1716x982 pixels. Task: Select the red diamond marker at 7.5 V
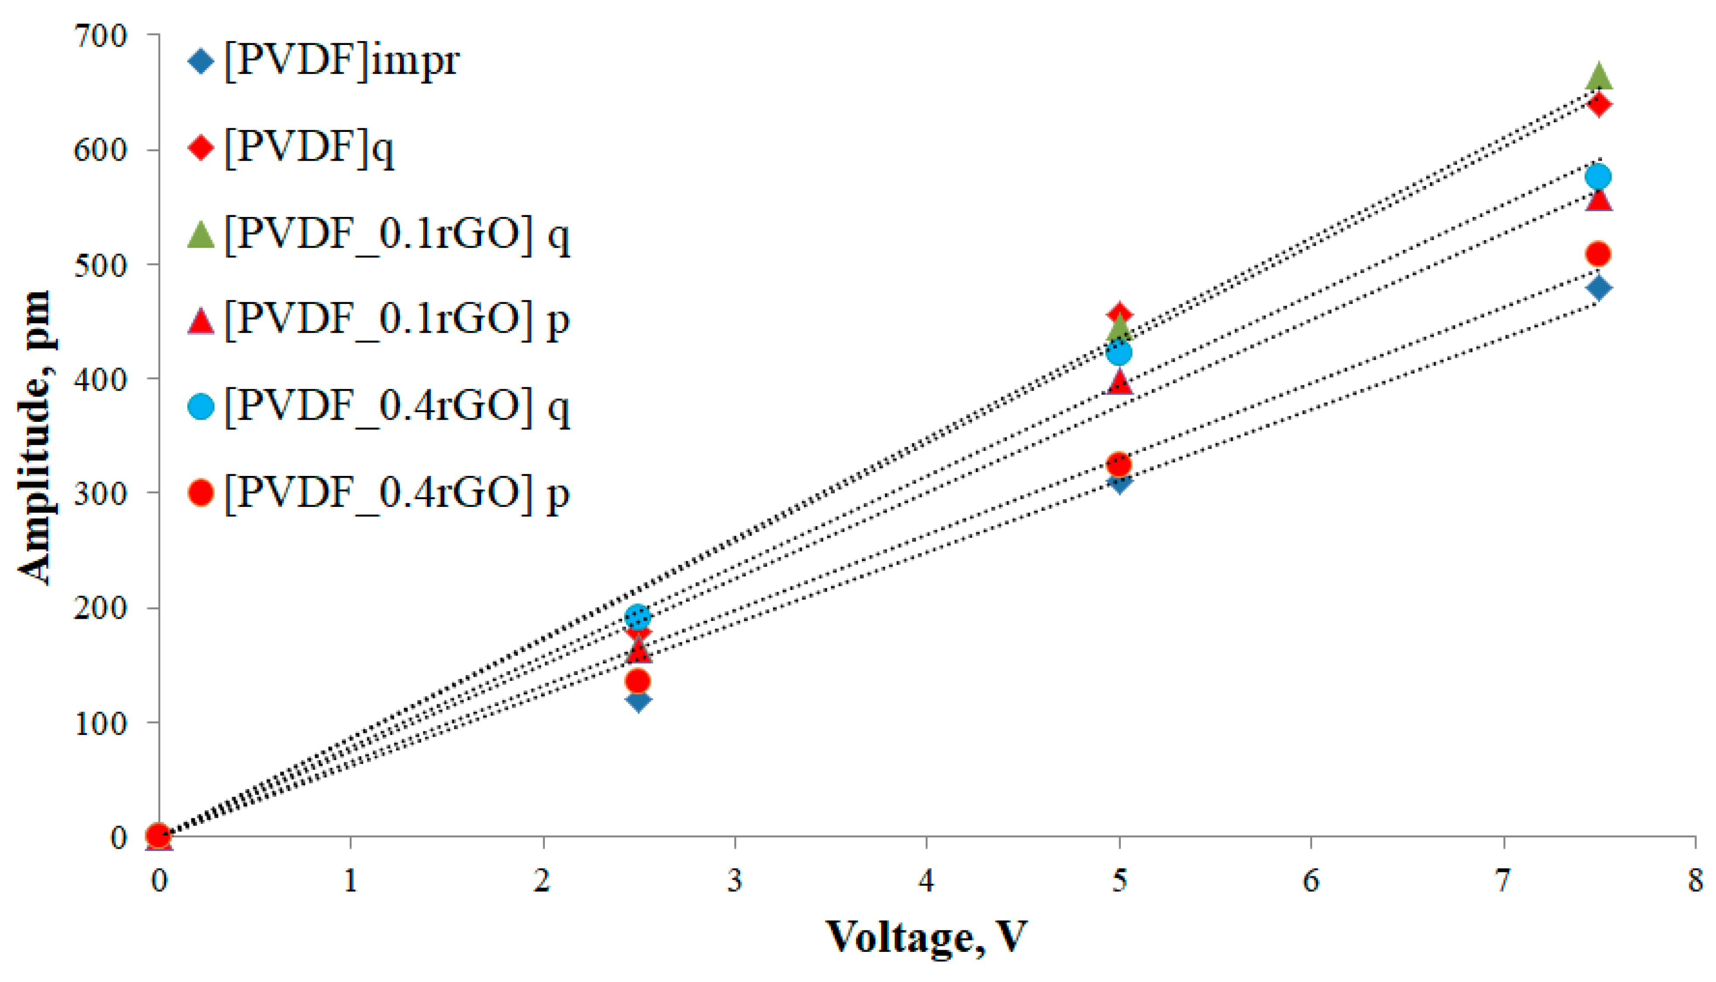[x=1599, y=104]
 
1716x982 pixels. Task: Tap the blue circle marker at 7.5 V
[x=1599, y=177]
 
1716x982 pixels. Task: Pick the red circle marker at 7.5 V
[x=1599, y=254]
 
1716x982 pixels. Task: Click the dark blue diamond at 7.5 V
[x=1599, y=289]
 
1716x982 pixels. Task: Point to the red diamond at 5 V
[x=1119, y=313]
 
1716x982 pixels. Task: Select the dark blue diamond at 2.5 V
[x=638, y=700]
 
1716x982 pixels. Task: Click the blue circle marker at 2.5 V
[x=638, y=615]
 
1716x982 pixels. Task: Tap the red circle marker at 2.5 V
[x=638, y=681]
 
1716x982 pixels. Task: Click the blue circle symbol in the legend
[x=201, y=407]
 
